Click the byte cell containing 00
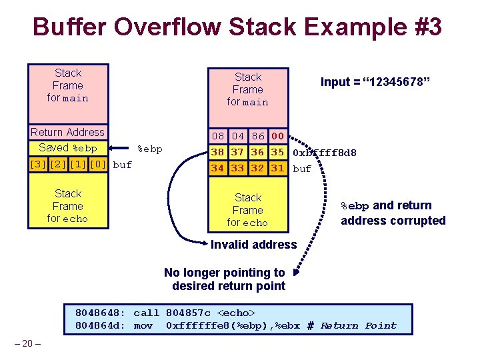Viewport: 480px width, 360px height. click(277, 136)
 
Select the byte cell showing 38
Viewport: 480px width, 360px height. click(217, 152)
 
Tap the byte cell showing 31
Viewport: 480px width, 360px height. click(277, 168)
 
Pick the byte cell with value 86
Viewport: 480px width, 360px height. click(258, 136)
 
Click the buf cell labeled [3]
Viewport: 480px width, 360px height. click(38, 165)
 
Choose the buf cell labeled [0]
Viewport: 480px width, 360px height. click(98, 165)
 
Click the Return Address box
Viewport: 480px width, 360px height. click(68, 132)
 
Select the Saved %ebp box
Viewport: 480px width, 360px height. click(68, 148)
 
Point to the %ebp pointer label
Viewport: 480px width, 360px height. click(150, 149)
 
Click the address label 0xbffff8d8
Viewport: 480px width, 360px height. click(325, 153)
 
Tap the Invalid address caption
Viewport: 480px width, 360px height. click(254, 245)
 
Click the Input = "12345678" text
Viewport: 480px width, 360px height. click(375, 82)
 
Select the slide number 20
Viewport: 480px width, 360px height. click(27, 343)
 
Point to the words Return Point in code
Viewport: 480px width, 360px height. click(359, 325)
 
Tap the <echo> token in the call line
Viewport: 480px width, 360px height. click(236, 313)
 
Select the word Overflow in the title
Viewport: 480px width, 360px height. click(167, 26)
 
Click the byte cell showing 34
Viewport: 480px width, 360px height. click(217, 168)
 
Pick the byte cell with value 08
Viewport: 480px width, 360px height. click(217, 136)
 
